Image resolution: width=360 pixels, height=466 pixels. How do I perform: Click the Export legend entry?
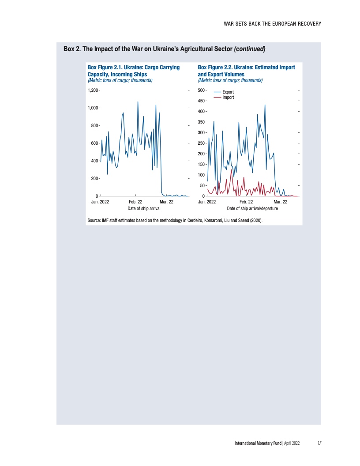[x=228, y=92]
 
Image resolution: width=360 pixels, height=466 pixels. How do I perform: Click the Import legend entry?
[x=228, y=97]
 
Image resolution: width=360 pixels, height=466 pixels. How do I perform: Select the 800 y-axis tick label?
[x=94, y=126]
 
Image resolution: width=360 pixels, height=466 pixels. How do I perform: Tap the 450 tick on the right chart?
[x=201, y=101]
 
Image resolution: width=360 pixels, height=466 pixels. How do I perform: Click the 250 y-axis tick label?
[x=201, y=143]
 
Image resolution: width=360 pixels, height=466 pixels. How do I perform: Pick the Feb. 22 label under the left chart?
[x=135, y=202]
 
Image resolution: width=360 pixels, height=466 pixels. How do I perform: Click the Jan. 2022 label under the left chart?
[x=100, y=202]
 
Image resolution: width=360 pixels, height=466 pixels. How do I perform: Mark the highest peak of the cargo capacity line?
[x=138, y=101]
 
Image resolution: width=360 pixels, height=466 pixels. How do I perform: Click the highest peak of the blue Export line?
[x=265, y=105]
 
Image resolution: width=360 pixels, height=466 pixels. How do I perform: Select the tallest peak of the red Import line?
[x=231, y=170]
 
